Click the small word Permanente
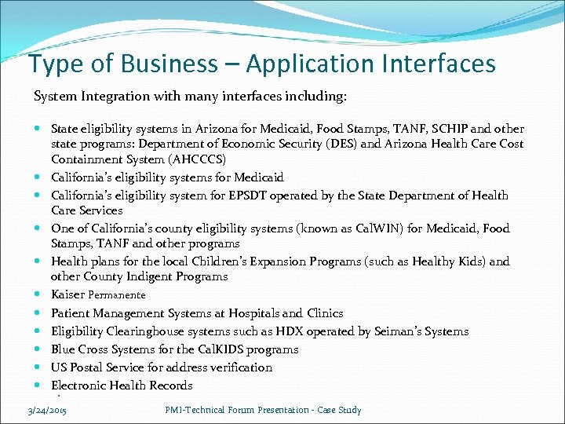pyautogui.click(x=117, y=295)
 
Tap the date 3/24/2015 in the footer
pyautogui.click(x=46, y=410)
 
